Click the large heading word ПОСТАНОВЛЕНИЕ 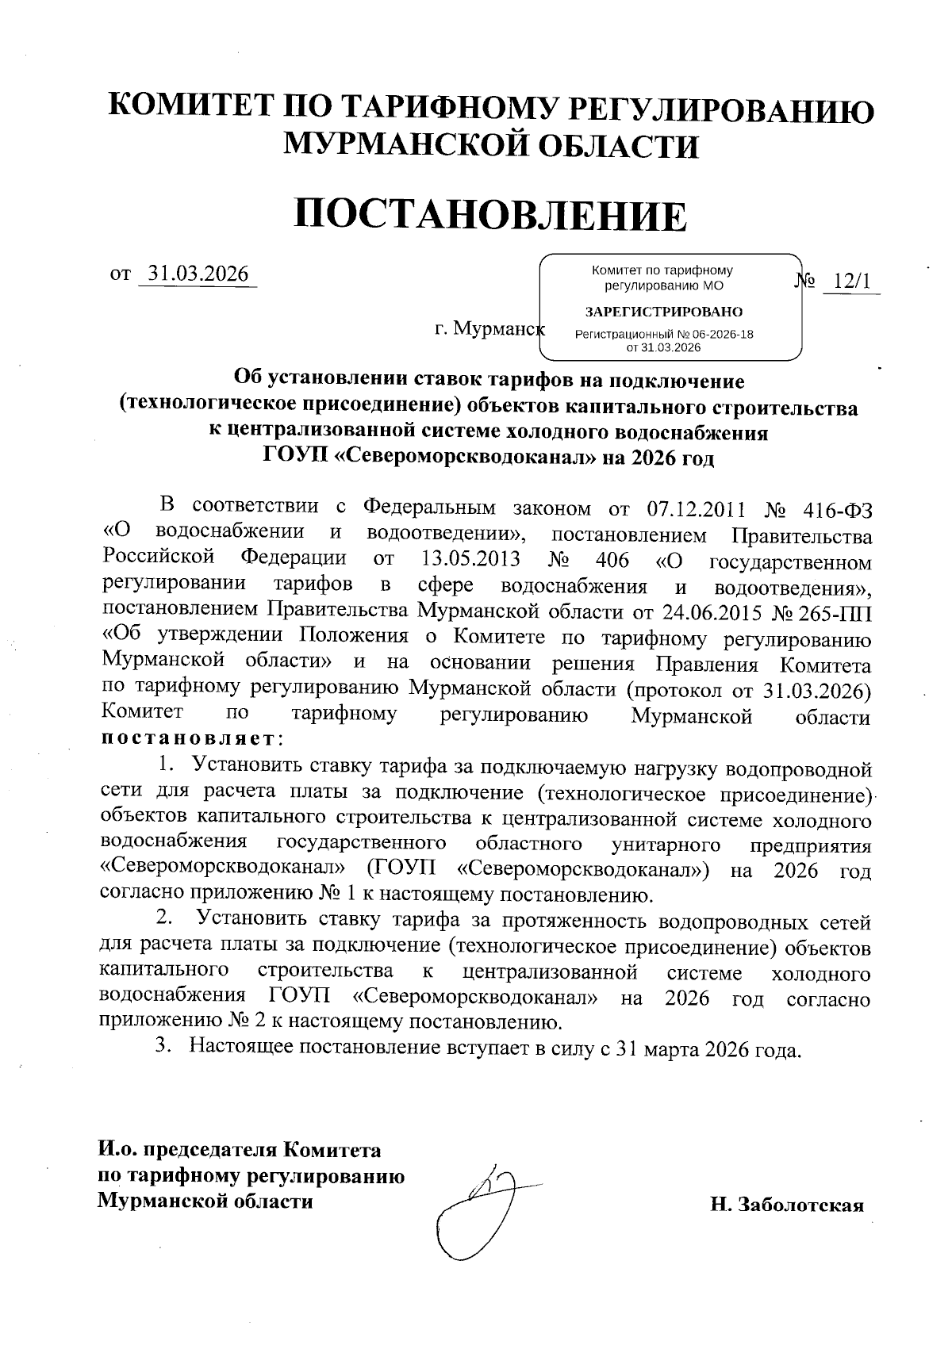[x=490, y=216]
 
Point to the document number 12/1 [x=851, y=282]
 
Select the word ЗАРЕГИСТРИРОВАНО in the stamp [x=664, y=311]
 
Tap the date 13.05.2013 [x=467, y=561]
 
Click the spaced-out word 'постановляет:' [x=191, y=741]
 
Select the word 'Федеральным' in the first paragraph [x=429, y=508]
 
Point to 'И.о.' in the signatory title [x=118, y=1150]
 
